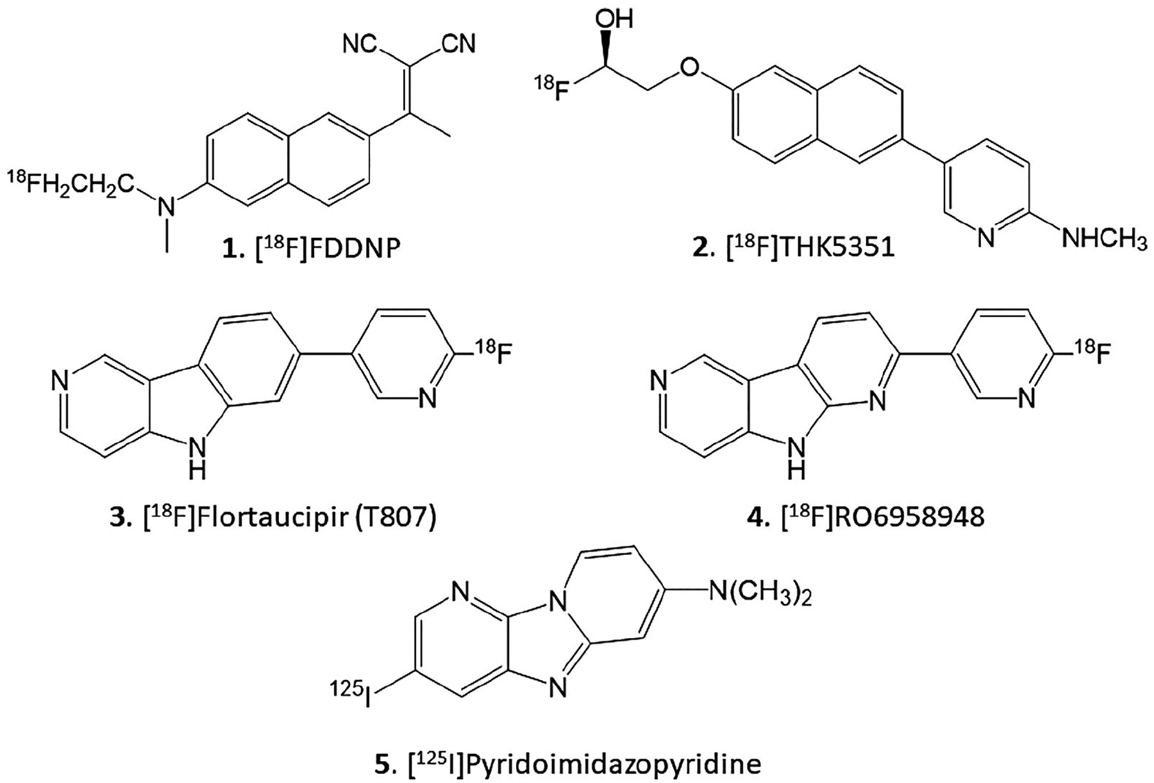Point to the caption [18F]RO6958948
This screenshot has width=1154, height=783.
click(865, 517)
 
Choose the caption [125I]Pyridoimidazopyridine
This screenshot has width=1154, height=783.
click(577, 765)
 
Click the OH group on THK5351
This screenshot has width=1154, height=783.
click(614, 19)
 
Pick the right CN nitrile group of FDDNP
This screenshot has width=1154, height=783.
click(458, 44)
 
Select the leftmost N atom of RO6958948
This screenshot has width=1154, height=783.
click(658, 383)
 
